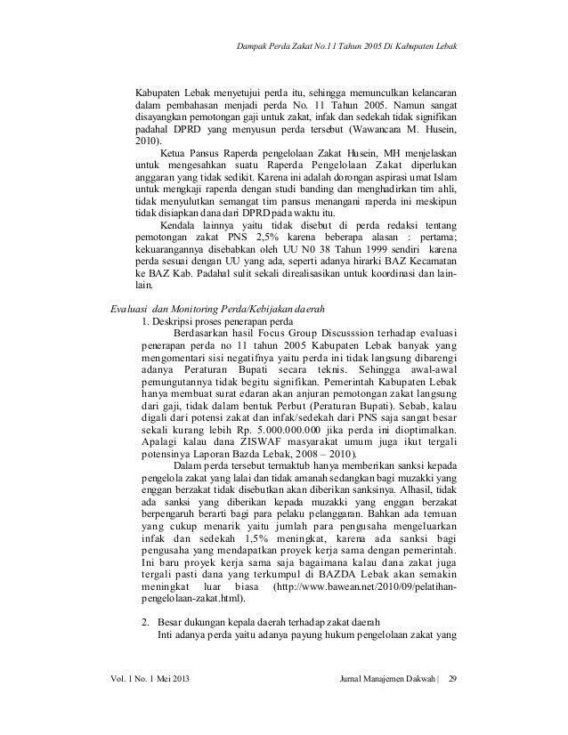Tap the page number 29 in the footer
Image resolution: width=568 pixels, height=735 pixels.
pos(450,681)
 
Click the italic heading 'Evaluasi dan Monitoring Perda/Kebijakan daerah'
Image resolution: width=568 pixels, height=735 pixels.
pos(215,308)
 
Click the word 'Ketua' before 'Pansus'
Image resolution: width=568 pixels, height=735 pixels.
pos(175,152)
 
